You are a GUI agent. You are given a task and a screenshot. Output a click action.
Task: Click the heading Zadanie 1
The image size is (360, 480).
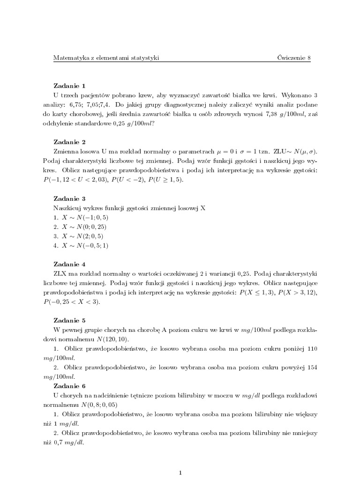click(x=69, y=86)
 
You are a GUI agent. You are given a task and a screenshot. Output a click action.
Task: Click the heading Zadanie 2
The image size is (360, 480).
click(x=69, y=142)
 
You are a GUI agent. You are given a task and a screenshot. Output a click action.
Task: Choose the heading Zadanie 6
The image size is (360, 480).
click(x=69, y=386)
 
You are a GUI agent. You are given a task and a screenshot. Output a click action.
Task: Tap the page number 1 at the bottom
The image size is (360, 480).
click(x=180, y=473)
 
